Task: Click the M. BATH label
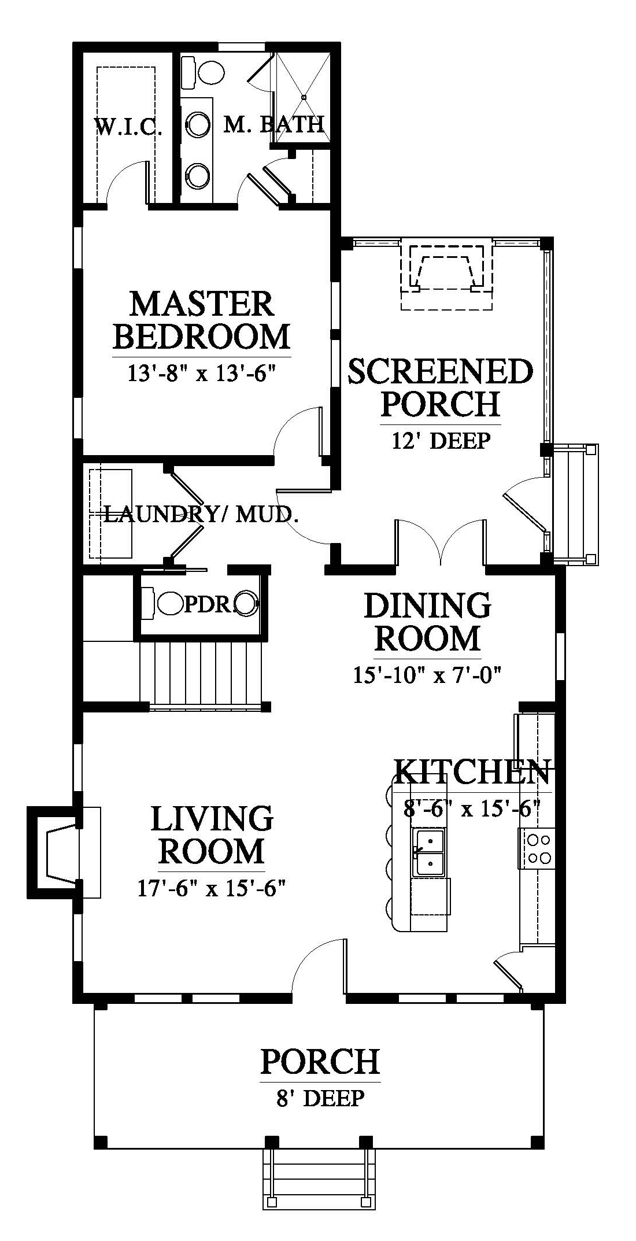(x=273, y=124)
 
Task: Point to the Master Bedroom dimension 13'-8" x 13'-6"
(x=200, y=373)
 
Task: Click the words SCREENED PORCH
(x=440, y=387)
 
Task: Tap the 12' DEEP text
(x=441, y=441)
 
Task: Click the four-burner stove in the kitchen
(x=538, y=848)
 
